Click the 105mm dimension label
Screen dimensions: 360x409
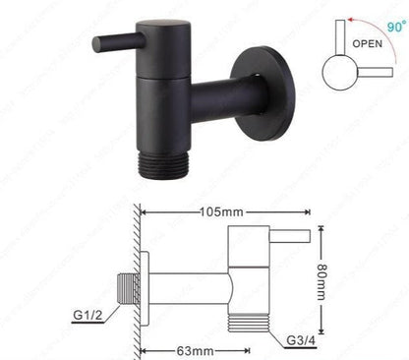(224, 211)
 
